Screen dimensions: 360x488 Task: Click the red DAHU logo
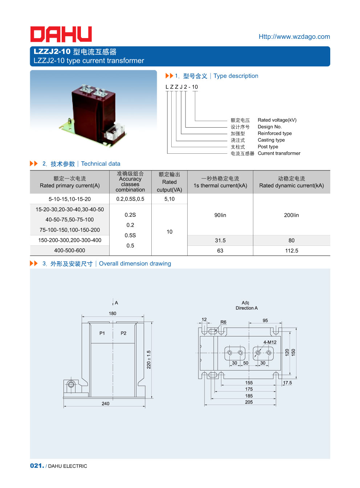(x=61, y=34)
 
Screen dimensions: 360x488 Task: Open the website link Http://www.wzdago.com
(x=294, y=37)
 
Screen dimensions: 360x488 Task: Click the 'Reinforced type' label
(x=274, y=133)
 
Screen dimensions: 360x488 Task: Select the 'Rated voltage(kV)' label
(x=277, y=120)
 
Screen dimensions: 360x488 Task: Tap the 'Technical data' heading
(x=101, y=164)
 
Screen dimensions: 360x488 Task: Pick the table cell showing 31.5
(x=220, y=240)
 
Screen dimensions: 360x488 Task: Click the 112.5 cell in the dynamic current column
(x=291, y=251)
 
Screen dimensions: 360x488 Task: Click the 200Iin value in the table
(x=291, y=215)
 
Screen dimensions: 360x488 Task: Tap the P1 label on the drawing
(x=102, y=333)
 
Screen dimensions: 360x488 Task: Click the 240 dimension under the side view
(x=106, y=404)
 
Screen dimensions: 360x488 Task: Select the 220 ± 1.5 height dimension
(x=149, y=359)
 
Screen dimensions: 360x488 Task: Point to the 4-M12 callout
(x=270, y=342)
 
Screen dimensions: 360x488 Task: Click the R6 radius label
(x=223, y=322)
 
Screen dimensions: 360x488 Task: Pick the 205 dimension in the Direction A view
(x=249, y=402)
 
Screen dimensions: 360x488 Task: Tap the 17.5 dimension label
(x=287, y=383)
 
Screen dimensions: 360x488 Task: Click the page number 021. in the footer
(x=37, y=466)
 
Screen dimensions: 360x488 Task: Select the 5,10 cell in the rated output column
(x=169, y=199)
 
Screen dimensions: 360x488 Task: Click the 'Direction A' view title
(x=247, y=308)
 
